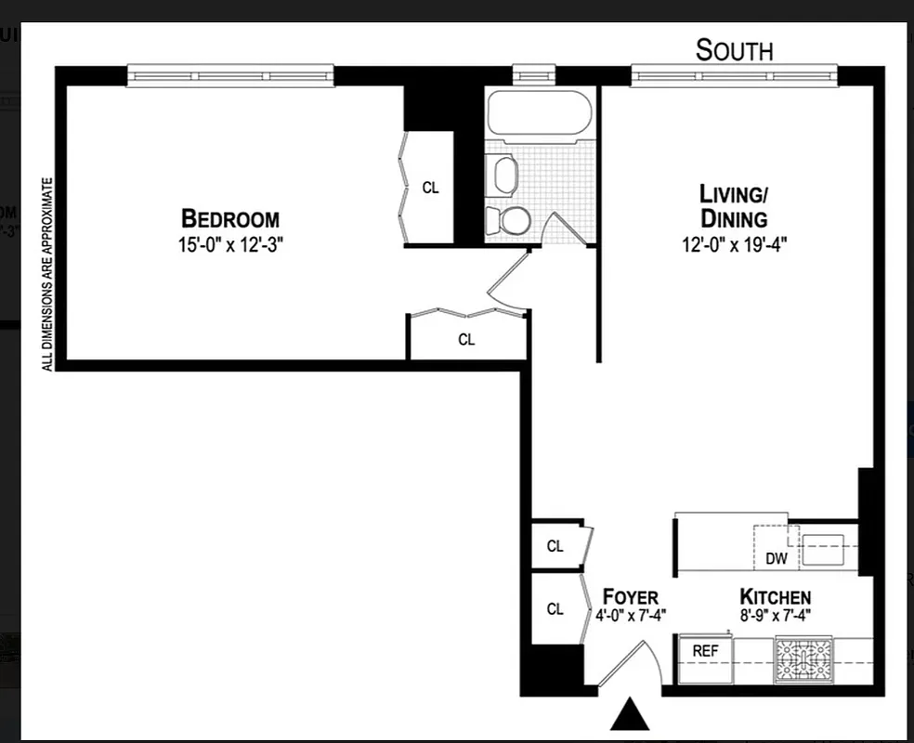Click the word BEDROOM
coord(230,219)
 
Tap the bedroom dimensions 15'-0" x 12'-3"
coord(230,246)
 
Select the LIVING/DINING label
coord(734,207)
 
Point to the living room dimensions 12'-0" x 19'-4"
coord(734,246)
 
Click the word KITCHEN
coord(775,597)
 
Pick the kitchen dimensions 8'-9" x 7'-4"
coord(775,615)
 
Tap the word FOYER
coord(631,597)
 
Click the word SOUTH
coord(734,50)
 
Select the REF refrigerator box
coord(706,651)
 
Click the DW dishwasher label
coord(777,558)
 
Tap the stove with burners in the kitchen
coord(805,659)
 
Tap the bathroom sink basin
coord(504,175)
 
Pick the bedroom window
coord(230,75)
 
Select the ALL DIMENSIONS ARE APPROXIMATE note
coord(47,274)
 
